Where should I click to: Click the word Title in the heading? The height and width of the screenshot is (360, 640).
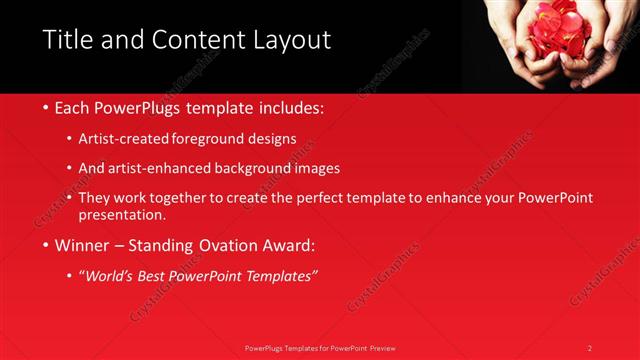coord(67,41)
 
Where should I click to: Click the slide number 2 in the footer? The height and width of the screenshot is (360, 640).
coord(590,348)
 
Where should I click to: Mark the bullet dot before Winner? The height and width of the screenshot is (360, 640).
coord(47,245)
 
